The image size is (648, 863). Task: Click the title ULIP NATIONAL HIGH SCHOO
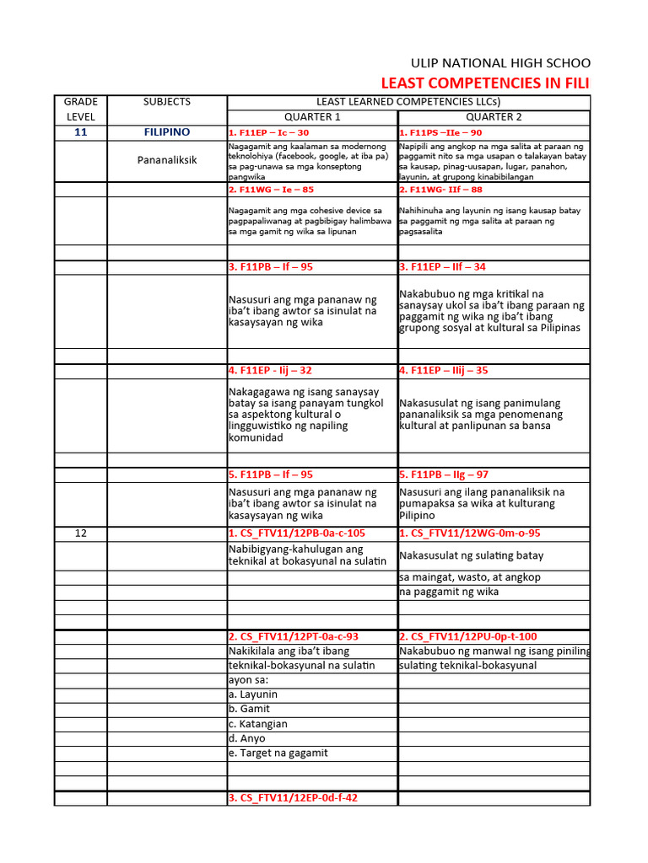click(x=500, y=63)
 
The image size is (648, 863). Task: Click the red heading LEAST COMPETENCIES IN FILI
click(x=486, y=83)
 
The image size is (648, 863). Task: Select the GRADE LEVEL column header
click(x=80, y=109)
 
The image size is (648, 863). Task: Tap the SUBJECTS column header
click(x=167, y=102)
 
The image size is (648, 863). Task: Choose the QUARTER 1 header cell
click(x=312, y=117)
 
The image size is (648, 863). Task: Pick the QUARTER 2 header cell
click(x=494, y=117)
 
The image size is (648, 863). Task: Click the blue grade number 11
click(x=80, y=132)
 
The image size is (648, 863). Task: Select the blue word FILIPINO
click(x=167, y=132)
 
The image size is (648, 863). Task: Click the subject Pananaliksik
click(x=167, y=159)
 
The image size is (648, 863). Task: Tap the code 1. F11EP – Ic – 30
click(x=269, y=133)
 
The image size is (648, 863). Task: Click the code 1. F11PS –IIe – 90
click(x=440, y=133)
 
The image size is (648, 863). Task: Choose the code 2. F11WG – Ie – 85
click(x=271, y=190)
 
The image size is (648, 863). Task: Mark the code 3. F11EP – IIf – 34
click(x=443, y=267)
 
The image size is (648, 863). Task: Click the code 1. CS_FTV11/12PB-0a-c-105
click(x=297, y=533)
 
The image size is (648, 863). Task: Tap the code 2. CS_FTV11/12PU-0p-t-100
click(x=468, y=636)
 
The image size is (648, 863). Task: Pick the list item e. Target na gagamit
click(x=278, y=753)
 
